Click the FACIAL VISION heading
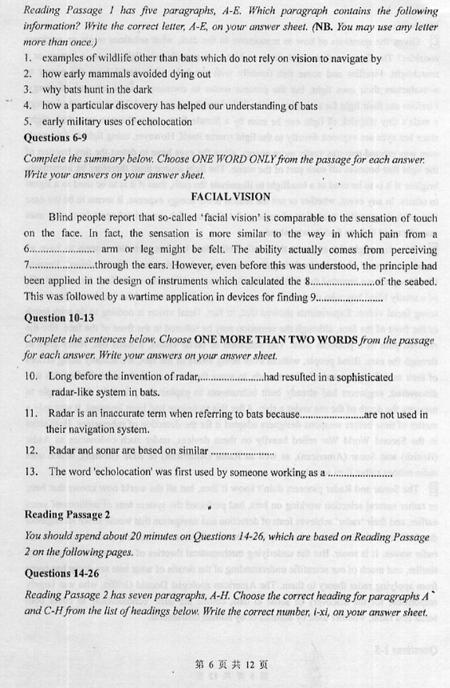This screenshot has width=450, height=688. pos(230,196)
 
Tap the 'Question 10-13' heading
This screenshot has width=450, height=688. pos(56,318)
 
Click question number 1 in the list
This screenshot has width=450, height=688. pos(27,57)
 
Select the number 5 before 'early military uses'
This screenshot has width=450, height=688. pos(27,121)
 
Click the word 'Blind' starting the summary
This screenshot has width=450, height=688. pos(62,217)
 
